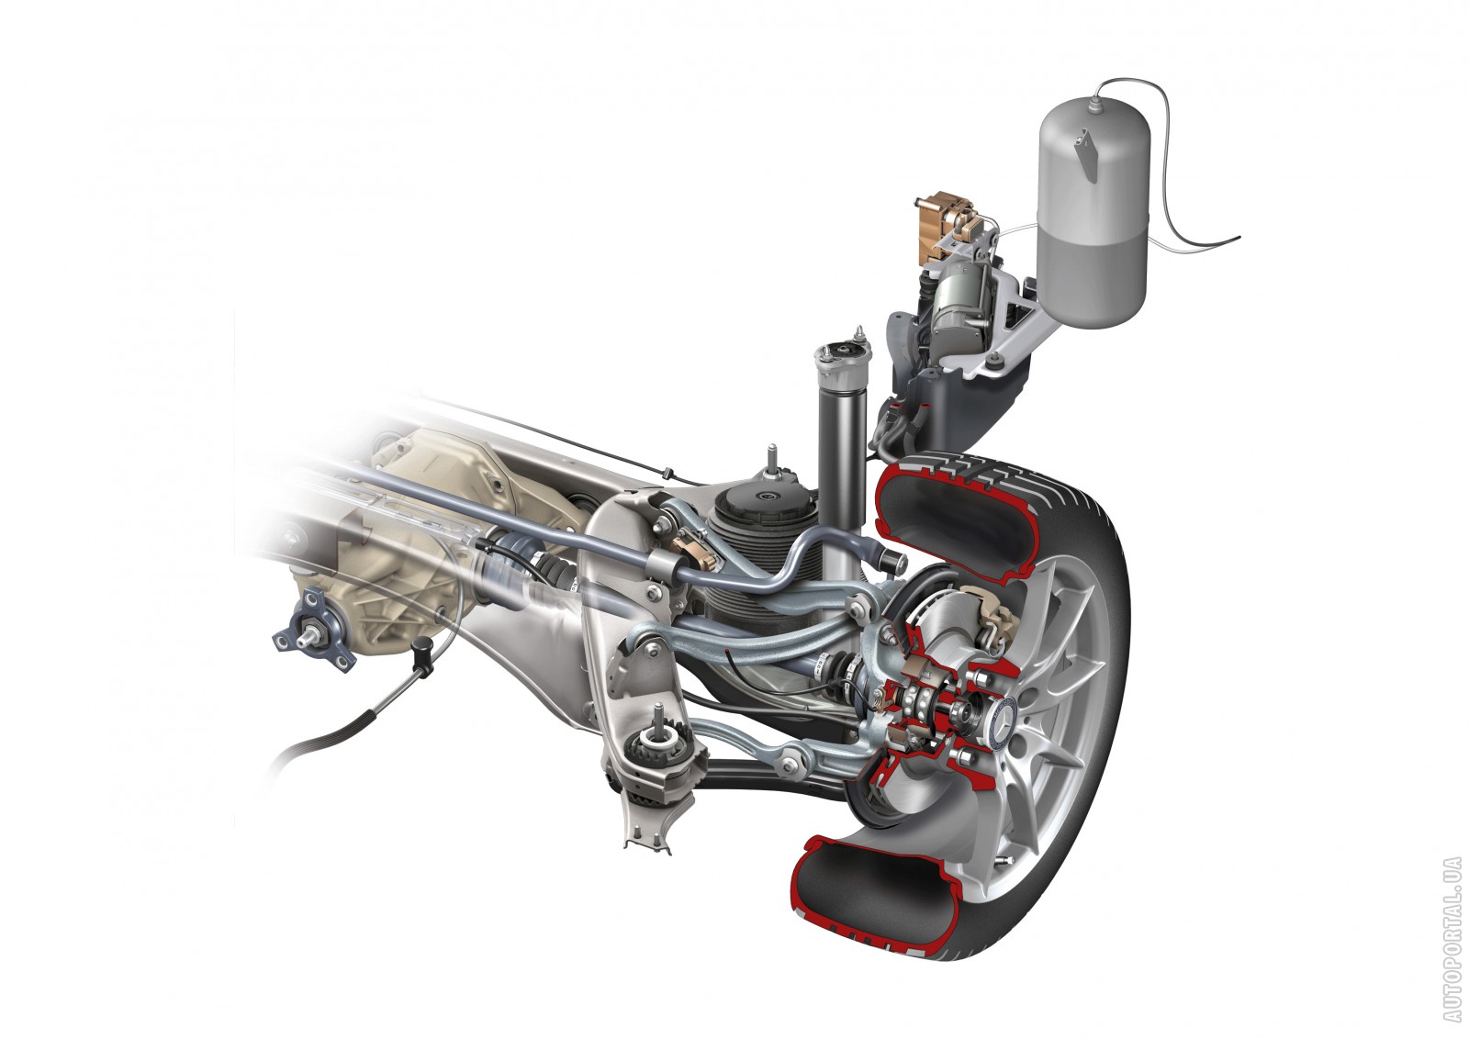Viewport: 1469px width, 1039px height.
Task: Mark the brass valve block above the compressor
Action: pyautogui.click(x=941, y=219)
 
